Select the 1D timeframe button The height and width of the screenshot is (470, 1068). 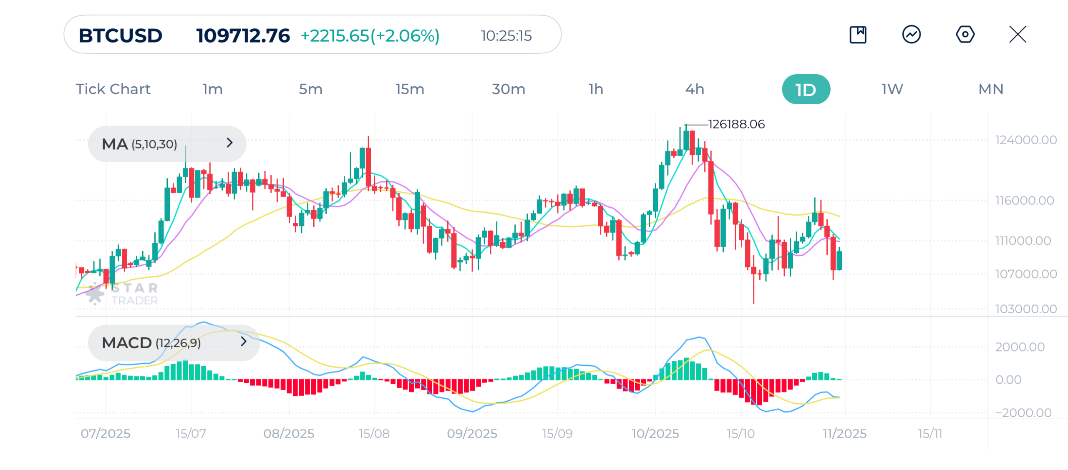click(806, 89)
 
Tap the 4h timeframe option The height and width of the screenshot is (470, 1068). click(695, 89)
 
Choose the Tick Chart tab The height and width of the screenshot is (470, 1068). click(113, 89)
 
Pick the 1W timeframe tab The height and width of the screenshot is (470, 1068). click(892, 89)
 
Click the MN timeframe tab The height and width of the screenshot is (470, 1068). click(991, 89)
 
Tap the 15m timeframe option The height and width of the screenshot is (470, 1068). click(410, 89)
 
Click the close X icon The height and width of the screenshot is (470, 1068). click(1018, 35)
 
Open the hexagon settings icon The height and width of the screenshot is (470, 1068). click(965, 35)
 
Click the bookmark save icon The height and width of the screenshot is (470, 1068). click(858, 35)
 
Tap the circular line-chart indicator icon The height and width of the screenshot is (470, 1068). click(912, 35)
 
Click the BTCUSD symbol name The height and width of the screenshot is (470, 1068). click(121, 36)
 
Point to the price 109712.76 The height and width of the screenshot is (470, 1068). click(243, 36)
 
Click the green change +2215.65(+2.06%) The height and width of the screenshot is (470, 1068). click(370, 36)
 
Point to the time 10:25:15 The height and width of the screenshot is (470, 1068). click(506, 36)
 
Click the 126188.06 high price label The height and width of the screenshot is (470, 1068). click(736, 124)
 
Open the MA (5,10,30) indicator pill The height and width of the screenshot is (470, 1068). click(167, 144)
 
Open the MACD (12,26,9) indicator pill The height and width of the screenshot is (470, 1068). click(174, 343)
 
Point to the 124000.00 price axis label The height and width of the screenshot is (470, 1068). click(1026, 140)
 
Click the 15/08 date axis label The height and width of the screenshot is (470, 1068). click(374, 434)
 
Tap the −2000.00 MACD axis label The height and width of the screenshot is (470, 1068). click(1023, 413)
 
